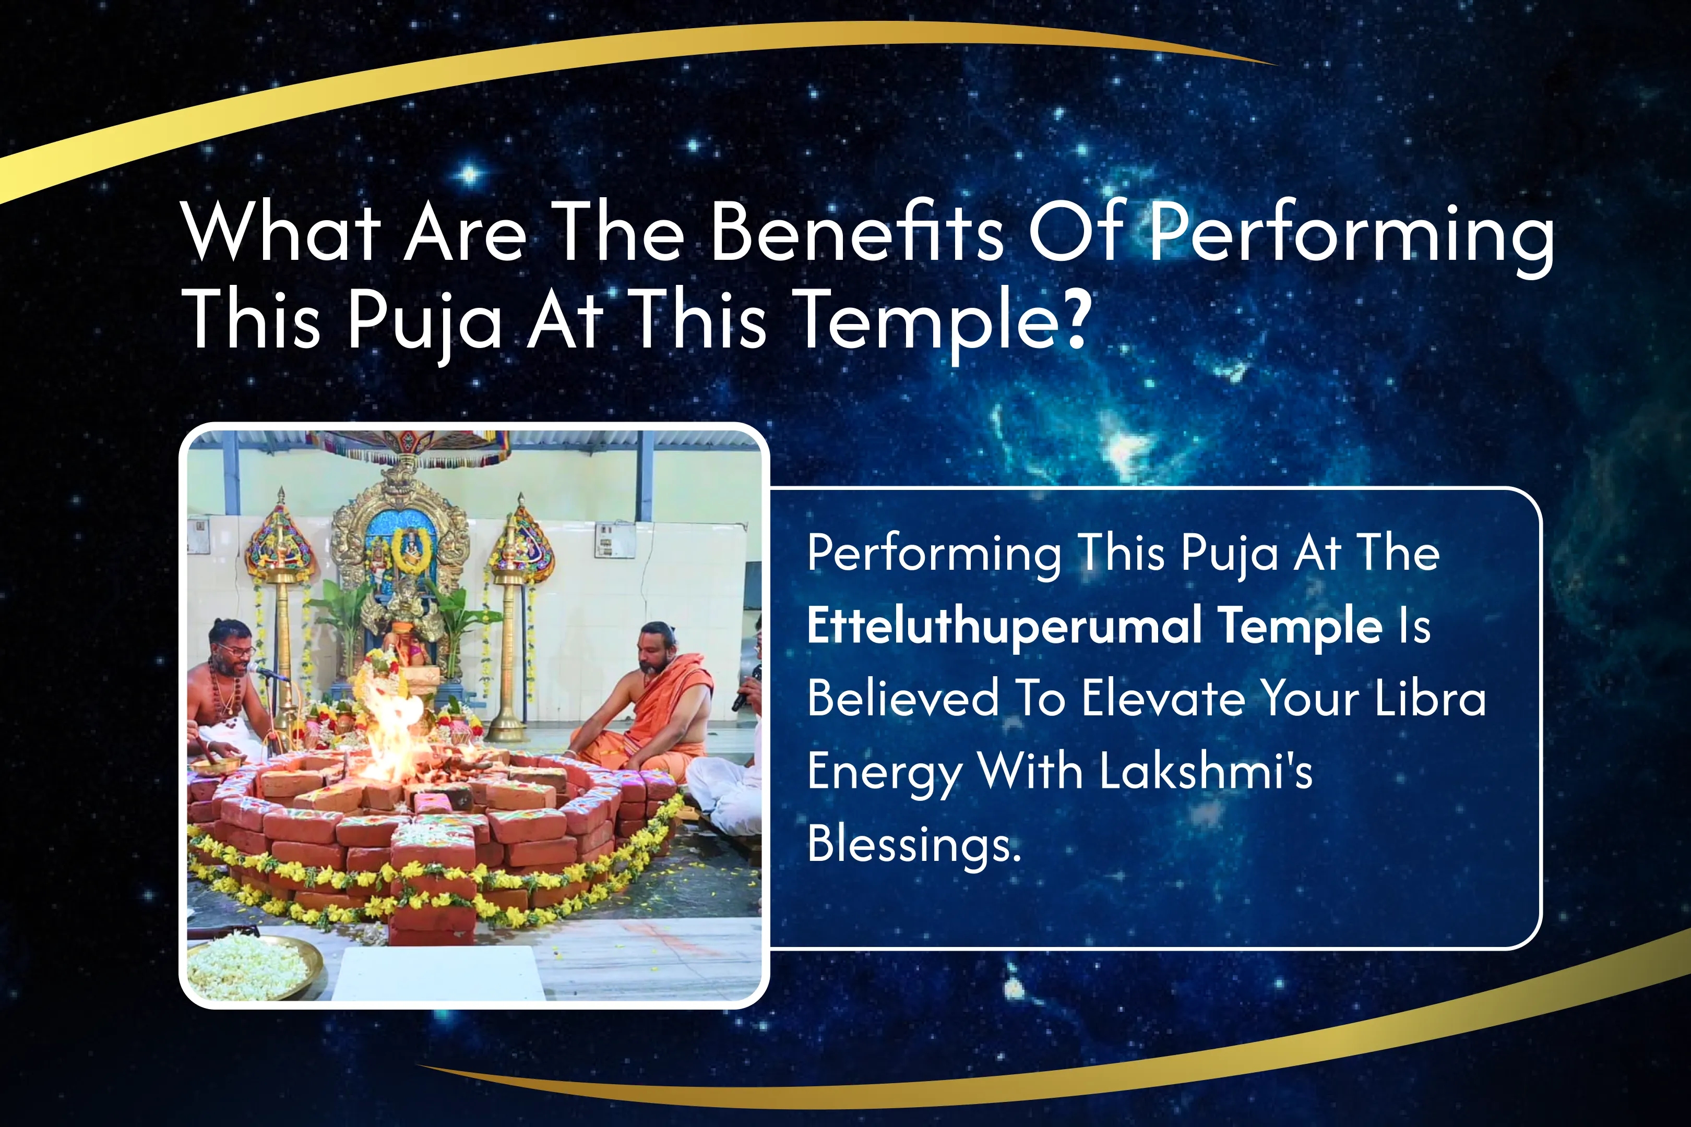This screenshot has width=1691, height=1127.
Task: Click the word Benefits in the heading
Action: point(856,232)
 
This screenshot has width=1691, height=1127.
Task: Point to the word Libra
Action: point(1430,698)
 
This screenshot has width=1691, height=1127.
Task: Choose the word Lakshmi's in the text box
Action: point(1206,771)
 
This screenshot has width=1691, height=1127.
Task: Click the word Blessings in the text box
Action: point(913,843)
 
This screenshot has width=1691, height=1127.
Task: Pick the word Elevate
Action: point(1163,698)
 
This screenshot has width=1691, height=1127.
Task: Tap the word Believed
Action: point(903,698)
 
